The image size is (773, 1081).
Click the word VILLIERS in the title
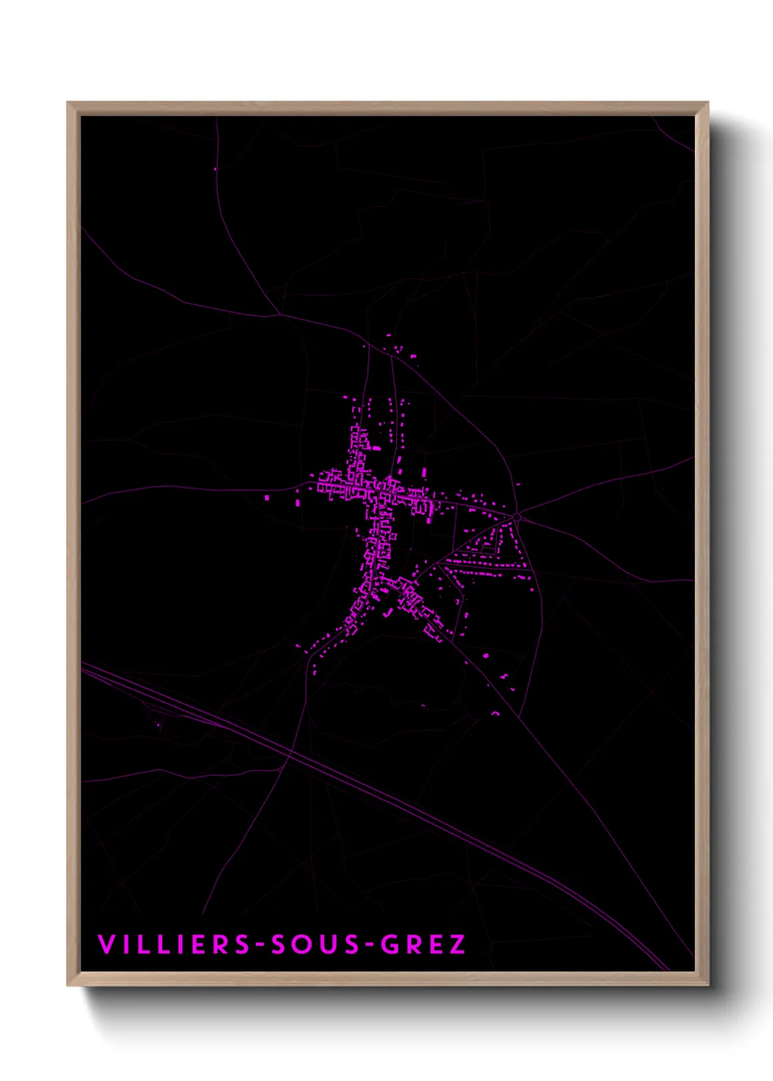174,944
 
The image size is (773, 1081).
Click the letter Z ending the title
457,944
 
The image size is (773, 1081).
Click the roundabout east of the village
516,516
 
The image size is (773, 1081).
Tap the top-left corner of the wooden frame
69,104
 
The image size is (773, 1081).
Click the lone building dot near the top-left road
216,169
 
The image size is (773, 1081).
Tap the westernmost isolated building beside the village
267,497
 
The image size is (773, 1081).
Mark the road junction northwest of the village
280,315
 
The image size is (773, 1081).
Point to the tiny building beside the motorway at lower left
159,725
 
